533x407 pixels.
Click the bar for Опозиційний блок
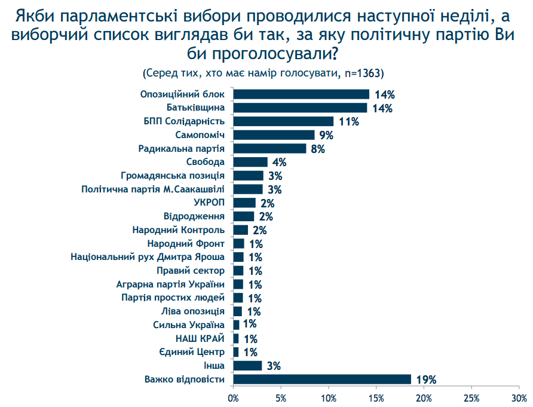point(301,94)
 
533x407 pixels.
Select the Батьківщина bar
point(300,108)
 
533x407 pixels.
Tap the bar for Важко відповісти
point(322,380)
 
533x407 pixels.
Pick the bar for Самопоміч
point(274,135)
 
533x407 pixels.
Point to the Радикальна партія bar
point(269,148)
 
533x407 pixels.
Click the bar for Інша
point(247,366)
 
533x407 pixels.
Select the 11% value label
point(348,121)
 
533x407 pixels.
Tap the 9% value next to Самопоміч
point(326,135)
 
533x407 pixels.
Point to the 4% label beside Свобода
point(280,162)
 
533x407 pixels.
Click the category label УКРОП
point(209,203)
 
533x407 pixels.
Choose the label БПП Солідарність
point(184,121)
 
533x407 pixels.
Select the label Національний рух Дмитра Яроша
point(148,257)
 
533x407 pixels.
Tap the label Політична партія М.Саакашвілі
point(153,189)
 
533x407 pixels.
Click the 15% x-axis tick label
point(376,397)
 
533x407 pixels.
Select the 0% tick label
point(233,397)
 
